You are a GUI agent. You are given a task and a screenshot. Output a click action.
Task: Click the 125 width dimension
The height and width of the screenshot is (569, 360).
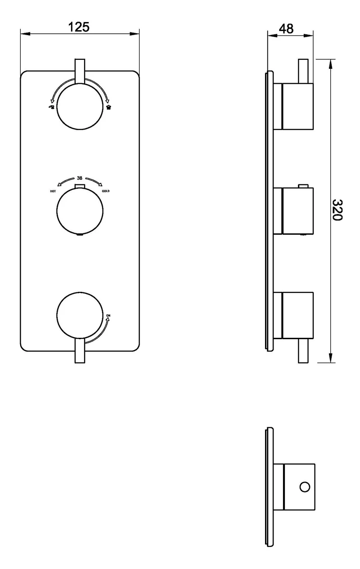79,27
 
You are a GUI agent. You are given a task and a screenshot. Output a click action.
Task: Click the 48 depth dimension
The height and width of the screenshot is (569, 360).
286,29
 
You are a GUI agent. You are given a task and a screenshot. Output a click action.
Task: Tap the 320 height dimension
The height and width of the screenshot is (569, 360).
337,210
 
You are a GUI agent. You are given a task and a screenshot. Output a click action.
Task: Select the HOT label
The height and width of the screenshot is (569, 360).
53,191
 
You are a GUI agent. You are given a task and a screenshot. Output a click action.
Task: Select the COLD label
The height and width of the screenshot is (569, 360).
106,191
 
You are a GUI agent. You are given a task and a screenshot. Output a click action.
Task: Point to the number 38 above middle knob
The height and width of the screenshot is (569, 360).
80,178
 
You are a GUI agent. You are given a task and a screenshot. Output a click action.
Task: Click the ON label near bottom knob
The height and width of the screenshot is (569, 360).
108,316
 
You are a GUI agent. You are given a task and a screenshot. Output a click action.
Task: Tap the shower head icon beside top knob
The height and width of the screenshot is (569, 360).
109,107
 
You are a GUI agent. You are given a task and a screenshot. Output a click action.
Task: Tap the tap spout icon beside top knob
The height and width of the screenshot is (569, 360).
51,107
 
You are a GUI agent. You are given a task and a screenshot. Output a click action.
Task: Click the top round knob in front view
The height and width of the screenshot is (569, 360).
80,107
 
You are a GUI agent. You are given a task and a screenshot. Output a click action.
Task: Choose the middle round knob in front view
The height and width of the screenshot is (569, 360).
80,211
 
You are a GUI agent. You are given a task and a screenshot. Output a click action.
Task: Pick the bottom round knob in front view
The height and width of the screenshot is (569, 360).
80,315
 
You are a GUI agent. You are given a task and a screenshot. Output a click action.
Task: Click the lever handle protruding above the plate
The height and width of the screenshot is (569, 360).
80,71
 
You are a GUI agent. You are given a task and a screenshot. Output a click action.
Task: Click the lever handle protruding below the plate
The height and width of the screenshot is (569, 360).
80,350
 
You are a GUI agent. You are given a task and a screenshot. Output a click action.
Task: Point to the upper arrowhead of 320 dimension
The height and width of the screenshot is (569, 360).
330,64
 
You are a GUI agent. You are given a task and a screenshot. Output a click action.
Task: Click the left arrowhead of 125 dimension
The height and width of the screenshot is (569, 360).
25,34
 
